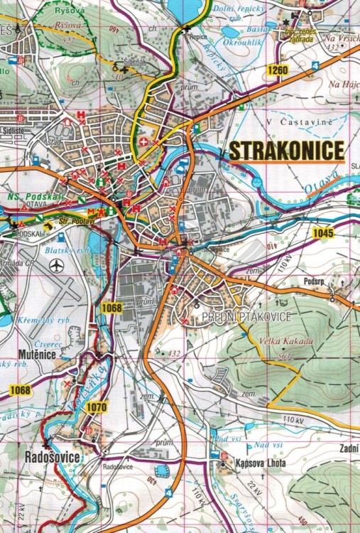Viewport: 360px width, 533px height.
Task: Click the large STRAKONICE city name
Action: pos(286,151)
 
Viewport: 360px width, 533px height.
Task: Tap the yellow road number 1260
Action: pos(278,70)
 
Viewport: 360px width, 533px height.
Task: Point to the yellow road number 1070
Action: pos(96,407)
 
